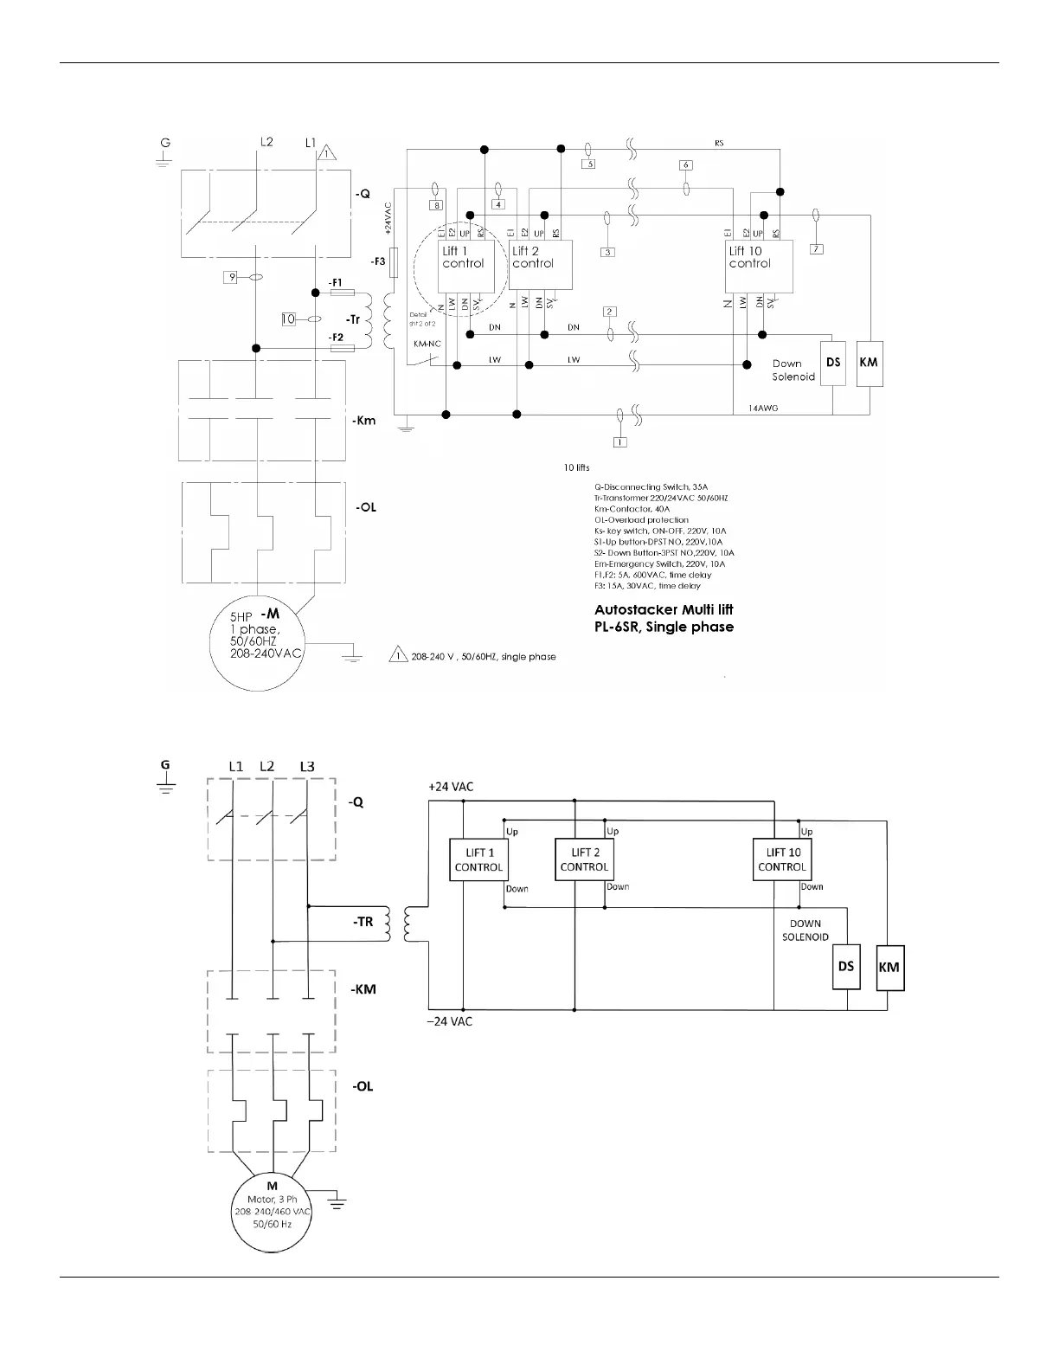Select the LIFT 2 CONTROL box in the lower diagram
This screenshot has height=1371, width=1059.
point(584,859)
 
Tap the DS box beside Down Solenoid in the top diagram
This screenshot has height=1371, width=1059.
point(833,363)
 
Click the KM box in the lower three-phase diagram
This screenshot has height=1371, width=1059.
point(889,967)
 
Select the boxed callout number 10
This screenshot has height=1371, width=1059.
point(288,319)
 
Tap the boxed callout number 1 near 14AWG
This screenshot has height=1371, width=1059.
point(619,441)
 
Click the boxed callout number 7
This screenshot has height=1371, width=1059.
point(816,249)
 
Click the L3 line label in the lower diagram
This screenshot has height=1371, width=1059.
point(307,766)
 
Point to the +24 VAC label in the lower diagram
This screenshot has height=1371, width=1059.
point(451,788)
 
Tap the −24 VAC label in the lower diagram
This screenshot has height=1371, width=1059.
point(450,1021)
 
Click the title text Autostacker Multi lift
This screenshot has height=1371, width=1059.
point(664,609)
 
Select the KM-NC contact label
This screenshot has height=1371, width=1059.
point(427,344)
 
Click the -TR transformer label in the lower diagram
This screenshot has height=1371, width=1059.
point(363,922)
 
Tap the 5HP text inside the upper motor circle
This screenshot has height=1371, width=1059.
point(241,617)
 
